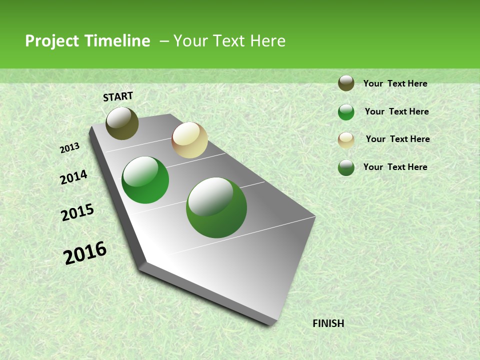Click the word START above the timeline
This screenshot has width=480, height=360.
click(118, 96)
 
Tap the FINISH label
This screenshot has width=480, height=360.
click(328, 323)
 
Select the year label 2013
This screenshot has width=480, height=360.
click(69, 148)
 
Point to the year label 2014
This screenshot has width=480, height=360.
click(73, 177)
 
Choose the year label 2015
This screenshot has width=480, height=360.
click(77, 213)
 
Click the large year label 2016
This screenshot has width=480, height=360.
click(85, 253)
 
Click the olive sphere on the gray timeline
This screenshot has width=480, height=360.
click(122, 123)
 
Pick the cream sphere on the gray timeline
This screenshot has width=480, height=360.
click(189, 140)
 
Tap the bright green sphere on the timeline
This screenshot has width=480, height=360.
click(145, 180)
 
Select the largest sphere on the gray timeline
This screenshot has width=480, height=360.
click(216, 207)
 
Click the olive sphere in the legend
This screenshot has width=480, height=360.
click(346, 83)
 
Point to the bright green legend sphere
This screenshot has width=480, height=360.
click(346, 112)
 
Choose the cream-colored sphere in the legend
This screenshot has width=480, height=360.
click(346, 140)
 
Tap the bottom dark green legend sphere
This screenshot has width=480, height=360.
click(346, 167)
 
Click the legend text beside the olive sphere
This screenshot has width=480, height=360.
click(395, 83)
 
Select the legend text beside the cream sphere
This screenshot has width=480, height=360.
click(397, 139)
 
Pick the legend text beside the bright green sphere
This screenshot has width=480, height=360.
click(396, 111)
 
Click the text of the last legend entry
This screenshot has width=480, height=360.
click(395, 167)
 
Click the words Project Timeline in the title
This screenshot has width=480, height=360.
click(87, 41)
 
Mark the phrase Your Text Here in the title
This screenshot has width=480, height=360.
click(229, 41)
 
